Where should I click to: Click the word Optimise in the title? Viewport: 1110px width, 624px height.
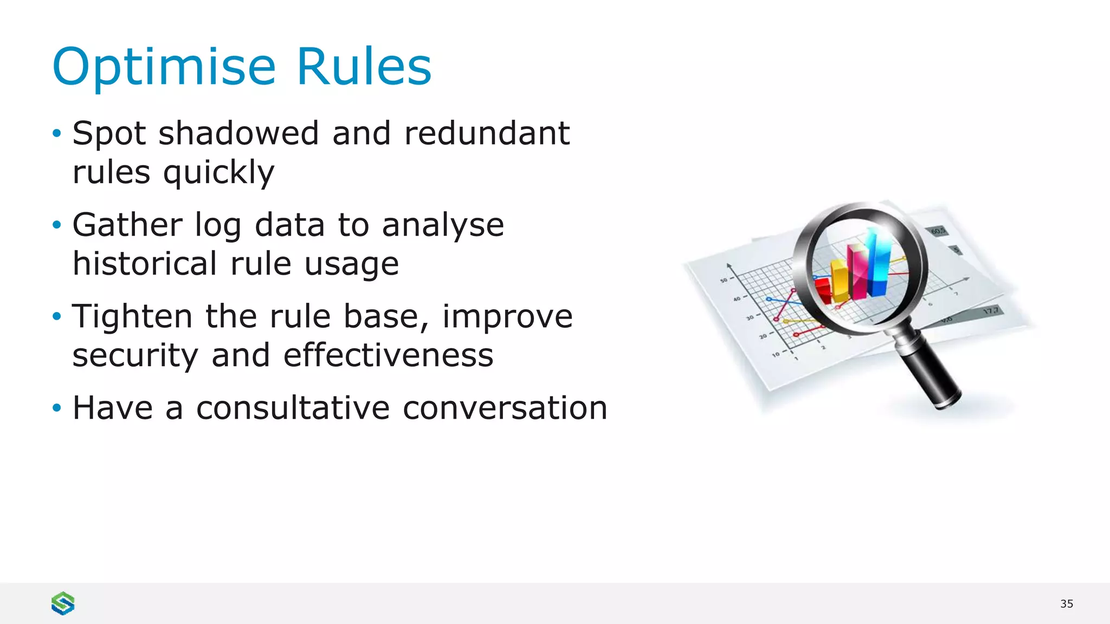tap(164, 67)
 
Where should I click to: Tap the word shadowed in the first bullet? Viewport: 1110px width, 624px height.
tap(238, 133)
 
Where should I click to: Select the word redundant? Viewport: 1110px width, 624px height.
tap(487, 133)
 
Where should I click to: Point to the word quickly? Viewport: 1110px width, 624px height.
tap(218, 173)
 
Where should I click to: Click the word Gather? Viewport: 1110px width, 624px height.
tap(127, 225)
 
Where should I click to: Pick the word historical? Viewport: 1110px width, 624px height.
tap(145, 264)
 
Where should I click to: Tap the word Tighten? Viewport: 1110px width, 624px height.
tap(132, 316)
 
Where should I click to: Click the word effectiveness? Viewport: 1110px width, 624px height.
tap(388, 355)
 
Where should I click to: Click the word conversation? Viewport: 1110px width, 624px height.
tap(505, 408)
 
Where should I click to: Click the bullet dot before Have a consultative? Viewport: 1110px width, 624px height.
tap(57, 407)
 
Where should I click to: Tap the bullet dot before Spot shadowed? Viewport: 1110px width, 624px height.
tap(57, 133)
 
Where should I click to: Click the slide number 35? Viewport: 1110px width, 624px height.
tap(1066, 604)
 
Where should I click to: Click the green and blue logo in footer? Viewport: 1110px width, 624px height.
tap(63, 603)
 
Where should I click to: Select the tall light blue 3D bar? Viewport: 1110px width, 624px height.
tap(877, 263)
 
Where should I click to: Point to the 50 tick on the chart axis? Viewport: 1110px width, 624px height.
tap(724, 280)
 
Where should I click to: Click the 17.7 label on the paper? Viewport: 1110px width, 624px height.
tap(991, 311)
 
